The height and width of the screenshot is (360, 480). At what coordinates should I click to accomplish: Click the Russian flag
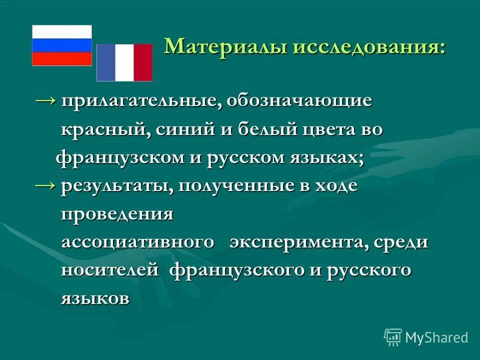[62, 45]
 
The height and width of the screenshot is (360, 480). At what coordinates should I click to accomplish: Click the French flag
[124, 62]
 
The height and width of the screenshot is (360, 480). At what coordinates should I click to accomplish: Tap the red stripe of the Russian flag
[62, 59]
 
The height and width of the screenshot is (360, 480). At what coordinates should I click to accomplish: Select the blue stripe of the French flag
[106, 62]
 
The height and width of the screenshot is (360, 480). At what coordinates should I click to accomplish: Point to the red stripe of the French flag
[143, 62]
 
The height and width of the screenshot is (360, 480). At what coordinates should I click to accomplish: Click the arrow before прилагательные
[46, 100]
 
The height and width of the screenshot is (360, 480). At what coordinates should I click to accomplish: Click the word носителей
[110, 270]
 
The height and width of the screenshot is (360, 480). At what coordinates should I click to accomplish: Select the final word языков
[95, 299]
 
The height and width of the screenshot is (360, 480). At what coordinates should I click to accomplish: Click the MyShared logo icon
[393, 337]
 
